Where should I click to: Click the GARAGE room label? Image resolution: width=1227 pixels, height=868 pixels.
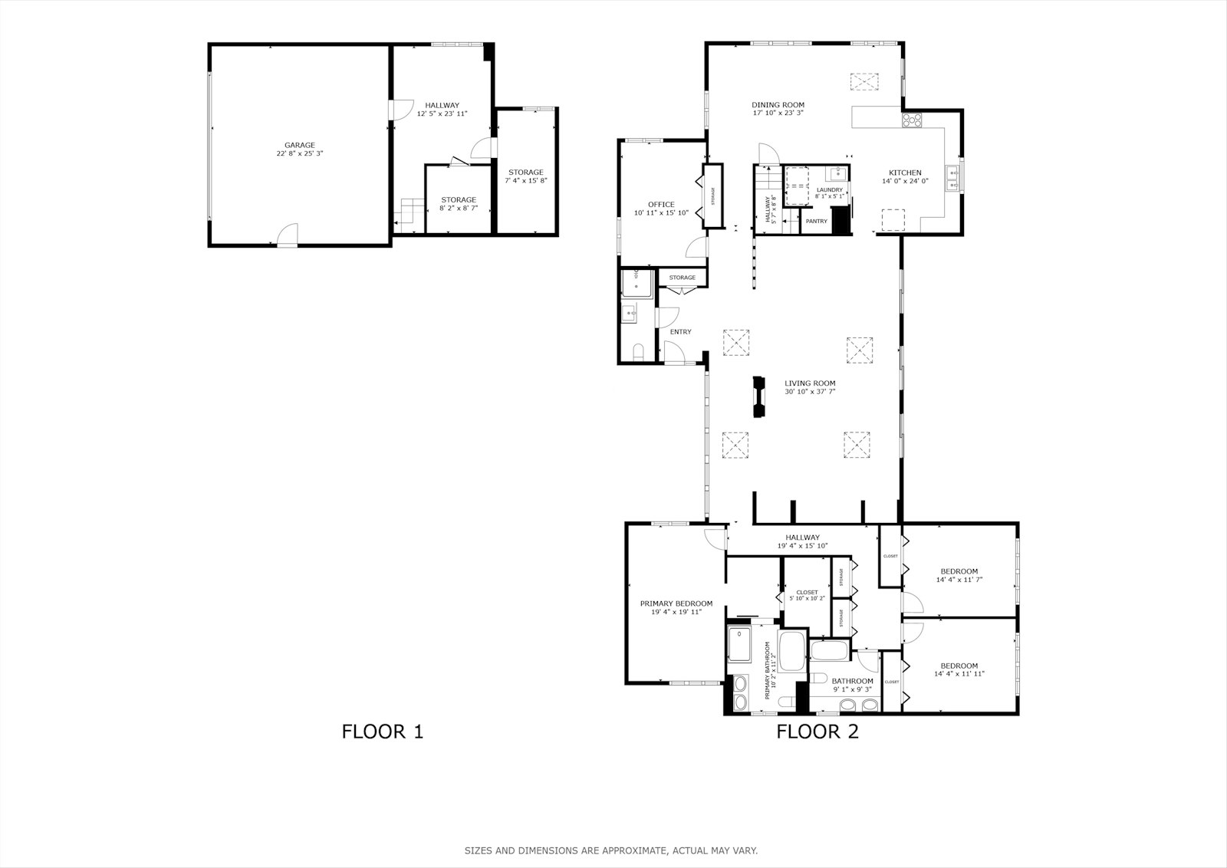[x=300, y=145]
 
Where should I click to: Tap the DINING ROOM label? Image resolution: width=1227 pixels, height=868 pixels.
[x=778, y=105]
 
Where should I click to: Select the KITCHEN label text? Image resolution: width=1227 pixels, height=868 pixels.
[x=905, y=173]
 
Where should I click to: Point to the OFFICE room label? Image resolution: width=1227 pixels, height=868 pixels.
[x=661, y=205]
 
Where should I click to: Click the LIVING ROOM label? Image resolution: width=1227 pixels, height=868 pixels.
[x=810, y=383]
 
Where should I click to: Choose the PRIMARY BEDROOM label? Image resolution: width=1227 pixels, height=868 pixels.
[x=676, y=603]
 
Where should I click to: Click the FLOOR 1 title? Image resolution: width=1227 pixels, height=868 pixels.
[x=382, y=732]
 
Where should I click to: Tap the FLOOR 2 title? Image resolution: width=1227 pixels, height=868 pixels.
[x=817, y=732]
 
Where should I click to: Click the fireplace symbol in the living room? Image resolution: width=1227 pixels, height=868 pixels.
[x=759, y=397]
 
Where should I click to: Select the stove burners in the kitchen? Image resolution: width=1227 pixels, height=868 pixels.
[x=913, y=120]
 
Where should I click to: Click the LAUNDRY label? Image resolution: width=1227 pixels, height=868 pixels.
[x=829, y=189]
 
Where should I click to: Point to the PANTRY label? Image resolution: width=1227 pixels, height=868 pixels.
[x=816, y=222]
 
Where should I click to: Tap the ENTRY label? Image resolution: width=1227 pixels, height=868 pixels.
[x=680, y=332]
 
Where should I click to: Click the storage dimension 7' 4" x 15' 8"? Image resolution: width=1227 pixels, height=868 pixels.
[x=525, y=181]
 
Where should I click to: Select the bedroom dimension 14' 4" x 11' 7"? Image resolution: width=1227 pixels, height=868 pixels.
[x=959, y=580]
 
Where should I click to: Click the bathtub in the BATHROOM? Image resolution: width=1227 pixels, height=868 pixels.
[x=829, y=653]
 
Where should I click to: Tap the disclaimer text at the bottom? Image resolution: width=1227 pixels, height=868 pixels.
[x=610, y=850]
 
